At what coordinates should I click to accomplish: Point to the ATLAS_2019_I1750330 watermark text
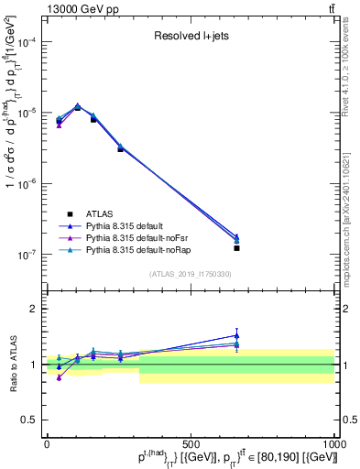tap(191, 274)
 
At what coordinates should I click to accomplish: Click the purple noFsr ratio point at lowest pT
tap(59, 377)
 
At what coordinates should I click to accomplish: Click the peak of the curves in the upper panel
tap(78, 106)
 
